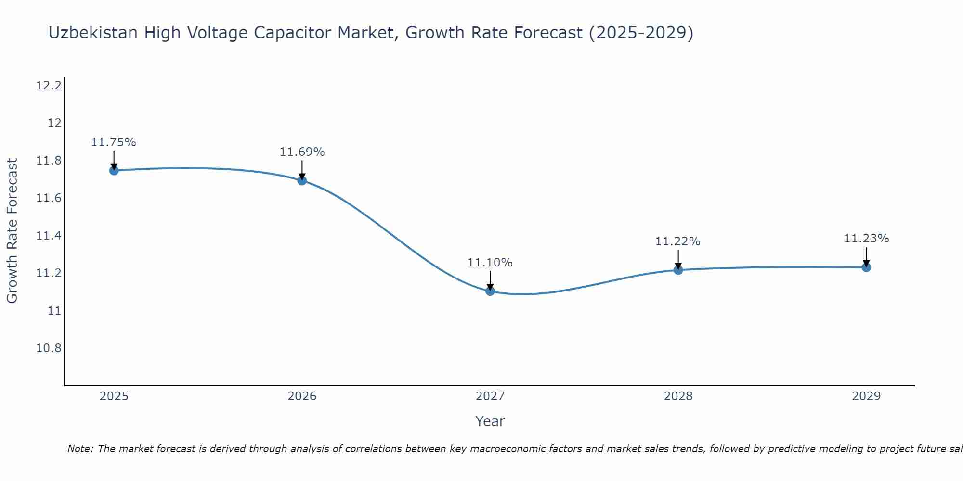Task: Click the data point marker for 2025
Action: point(114,170)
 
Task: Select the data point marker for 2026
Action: point(302,180)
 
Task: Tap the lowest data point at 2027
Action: point(490,291)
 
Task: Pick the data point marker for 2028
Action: point(678,270)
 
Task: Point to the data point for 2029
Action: point(866,267)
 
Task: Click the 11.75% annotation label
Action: point(114,142)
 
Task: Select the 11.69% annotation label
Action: point(302,152)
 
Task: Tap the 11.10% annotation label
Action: point(490,263)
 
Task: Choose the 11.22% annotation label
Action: point(677,241)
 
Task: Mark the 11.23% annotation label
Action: point(866,239)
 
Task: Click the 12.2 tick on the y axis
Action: point(49,86)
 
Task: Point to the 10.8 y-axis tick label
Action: point(49,348)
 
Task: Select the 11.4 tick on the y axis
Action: point(49,236)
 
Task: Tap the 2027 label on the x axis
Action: point(490,396)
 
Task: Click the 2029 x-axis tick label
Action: point(866,396)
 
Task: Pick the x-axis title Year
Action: point(490,422)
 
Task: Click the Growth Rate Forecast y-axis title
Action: point(13,231)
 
